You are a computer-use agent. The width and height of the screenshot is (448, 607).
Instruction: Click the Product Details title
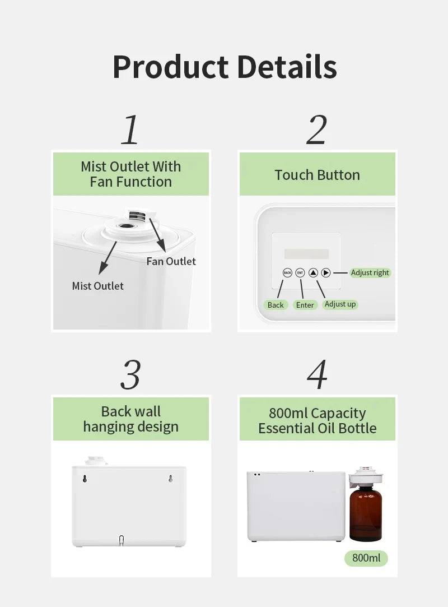pyautogui.click(x=225, y=67)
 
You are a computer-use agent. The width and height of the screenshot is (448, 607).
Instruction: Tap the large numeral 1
pyautogui.click(x=130, y=129)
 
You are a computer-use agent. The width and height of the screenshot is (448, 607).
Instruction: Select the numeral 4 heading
pyautogui.click(x=317, y=374)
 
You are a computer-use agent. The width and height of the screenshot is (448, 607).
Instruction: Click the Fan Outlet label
pyautogui.click(x=171, y=261)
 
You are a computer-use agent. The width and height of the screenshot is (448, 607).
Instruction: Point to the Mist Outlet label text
pyautogui.click(x=98, y=286)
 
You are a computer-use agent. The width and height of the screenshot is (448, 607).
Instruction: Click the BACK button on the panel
pyautogui.click(x=287, y=273)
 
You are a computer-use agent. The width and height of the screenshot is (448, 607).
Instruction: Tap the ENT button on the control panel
pyautogui.click(x=300, y=273)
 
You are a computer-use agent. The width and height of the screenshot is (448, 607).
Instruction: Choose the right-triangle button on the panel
pyautogui.click(x=326, y=273)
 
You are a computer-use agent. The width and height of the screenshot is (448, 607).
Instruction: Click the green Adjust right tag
pyautogui.click(x=370, y=272)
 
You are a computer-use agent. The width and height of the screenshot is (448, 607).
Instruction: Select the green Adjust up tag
pyautogui.click(x=340, y=304)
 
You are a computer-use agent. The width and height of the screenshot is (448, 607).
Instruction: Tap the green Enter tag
pyautogui.click(x=305, y=305)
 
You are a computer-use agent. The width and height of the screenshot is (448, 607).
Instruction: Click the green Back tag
pyautogui.click(x=276, y=305)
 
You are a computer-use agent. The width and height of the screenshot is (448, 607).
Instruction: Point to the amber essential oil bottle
pyautogui.click(x=366, y=512)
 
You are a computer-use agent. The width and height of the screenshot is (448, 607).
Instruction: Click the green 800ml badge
pyautogui.click(x=366, y=558)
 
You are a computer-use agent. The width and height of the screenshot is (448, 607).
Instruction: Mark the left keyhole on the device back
pyautogui.click(x=85, y=479)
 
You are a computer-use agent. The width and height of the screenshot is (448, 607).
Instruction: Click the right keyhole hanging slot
pyautogui.click(x=171, y=479)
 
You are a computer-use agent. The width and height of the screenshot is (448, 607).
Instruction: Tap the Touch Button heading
pyautogui.click(x=317, y=175)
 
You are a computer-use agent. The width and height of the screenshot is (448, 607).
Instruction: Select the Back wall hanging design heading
pyautogui.click(x=131, y=419)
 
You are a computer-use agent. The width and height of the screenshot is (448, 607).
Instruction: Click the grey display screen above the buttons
pyautogui.click(x=306, y=254)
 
